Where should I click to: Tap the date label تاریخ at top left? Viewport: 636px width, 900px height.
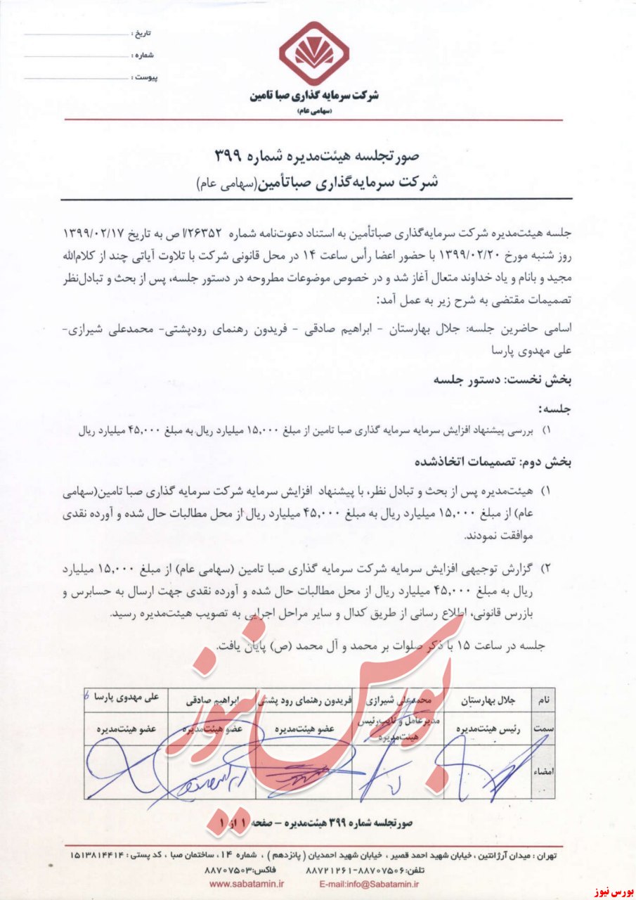(143, 34)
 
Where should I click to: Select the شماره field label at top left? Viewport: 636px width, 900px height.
(143, 55)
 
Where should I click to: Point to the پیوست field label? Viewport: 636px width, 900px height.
(145, 76)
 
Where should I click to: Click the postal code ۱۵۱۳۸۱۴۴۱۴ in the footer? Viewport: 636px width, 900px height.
(98, 856)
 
